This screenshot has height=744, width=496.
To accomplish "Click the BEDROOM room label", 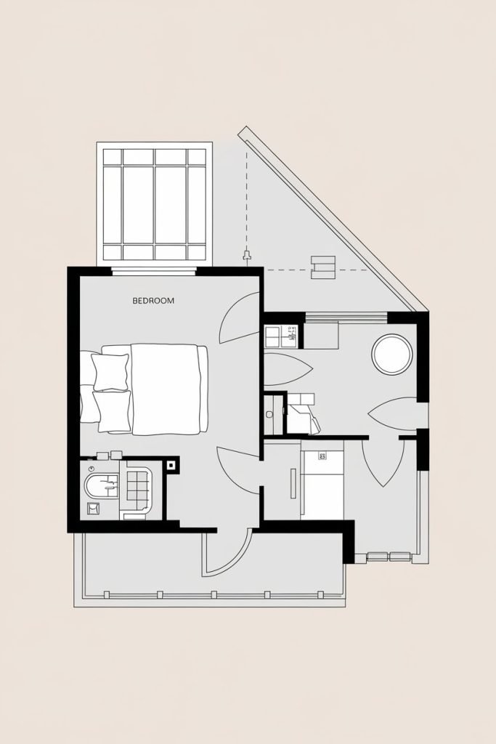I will [153, 300].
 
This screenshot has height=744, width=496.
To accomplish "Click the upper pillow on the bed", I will [111, 371].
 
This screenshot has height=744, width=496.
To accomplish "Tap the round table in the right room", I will [392, 354].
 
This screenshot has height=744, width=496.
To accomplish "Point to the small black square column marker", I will [171, 465].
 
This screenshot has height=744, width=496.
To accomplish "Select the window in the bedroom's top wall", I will [154, 271].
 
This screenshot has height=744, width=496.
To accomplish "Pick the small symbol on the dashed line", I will [248, 256].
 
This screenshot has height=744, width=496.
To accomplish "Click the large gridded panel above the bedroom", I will [154, 204].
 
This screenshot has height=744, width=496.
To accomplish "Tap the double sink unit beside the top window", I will [282, 336].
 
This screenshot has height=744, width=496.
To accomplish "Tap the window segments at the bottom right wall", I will [389, 557].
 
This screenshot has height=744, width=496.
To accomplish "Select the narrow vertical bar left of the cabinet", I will [292, 483].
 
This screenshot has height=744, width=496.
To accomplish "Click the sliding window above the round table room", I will [346, 316].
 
